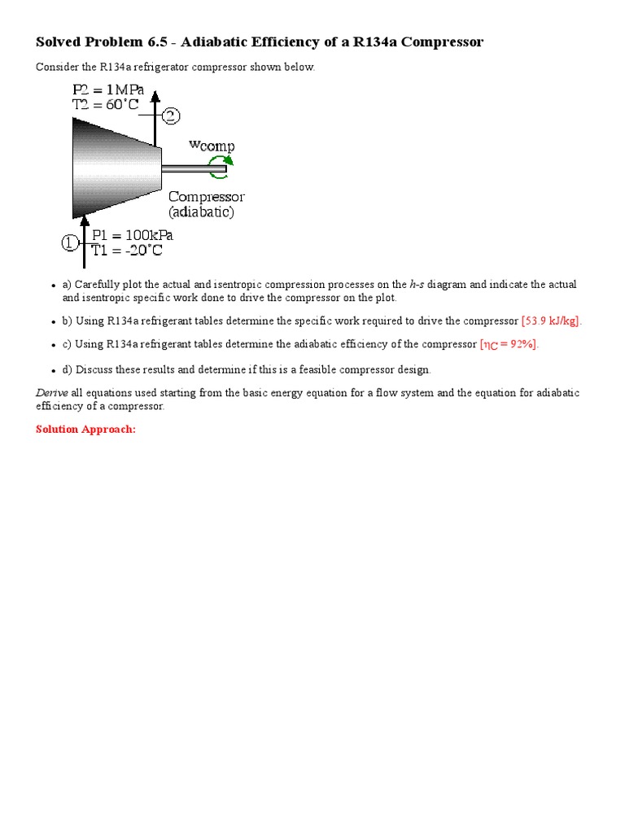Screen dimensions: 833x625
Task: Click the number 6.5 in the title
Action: pos(177,41)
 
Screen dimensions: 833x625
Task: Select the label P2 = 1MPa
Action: pos(108,89)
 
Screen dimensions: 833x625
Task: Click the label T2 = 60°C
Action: pos(107,105)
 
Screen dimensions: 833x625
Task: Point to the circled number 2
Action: pos(171,116)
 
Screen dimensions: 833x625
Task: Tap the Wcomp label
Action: pos(212,146)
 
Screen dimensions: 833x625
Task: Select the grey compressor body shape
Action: pos(114,167)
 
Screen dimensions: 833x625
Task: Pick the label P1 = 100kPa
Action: pos(132,235)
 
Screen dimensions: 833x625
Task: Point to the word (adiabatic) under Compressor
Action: pos(201,212)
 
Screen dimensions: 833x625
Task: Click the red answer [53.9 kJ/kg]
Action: pos(552,321)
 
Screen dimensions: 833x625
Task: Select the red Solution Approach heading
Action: pos(85,429)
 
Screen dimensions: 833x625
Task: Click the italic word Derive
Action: pos(52,393)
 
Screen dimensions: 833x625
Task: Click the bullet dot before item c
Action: pos(54,345)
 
